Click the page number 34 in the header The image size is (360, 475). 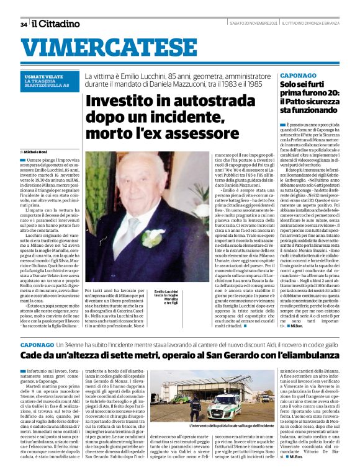point(23,24)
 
